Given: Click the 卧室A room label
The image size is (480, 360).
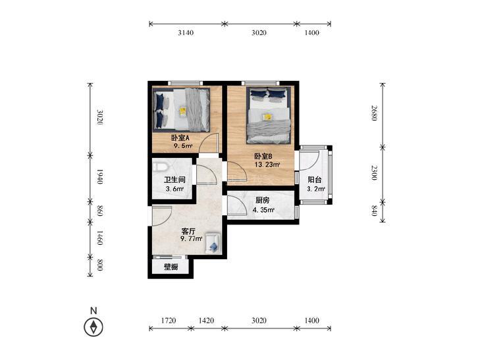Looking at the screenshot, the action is click(180, 138).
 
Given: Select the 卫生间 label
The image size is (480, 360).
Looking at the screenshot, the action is click(174, 180).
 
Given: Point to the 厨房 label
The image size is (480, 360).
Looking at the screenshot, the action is click(262, 201).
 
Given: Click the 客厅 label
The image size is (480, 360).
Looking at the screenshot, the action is click(188, 230).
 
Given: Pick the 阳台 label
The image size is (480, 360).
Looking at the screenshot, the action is click(314, 180).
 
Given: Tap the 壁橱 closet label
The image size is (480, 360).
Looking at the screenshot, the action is click(171, 267).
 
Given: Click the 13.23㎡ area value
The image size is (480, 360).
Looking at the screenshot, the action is click(267, 165).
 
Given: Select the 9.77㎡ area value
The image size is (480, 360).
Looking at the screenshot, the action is click(192, 239).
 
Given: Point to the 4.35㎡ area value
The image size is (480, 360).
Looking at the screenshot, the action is click(263, 210).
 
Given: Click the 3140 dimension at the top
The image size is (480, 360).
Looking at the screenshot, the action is click(186, 33).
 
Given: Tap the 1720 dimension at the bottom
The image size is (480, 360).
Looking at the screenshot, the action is click(169, 321).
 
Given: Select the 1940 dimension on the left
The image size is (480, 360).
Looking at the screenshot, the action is click(99, 176).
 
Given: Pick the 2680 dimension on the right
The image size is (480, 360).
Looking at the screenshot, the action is click(374, 113).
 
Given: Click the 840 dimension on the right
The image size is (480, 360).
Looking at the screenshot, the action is click(374, 211).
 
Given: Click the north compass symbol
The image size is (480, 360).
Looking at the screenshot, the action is click(93, 327).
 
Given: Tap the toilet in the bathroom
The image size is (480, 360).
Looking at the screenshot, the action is click(160, 167).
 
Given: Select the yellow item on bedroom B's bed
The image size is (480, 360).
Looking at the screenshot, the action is click(267, 117).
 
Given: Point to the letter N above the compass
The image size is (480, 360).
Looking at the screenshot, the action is click(93, 311).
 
